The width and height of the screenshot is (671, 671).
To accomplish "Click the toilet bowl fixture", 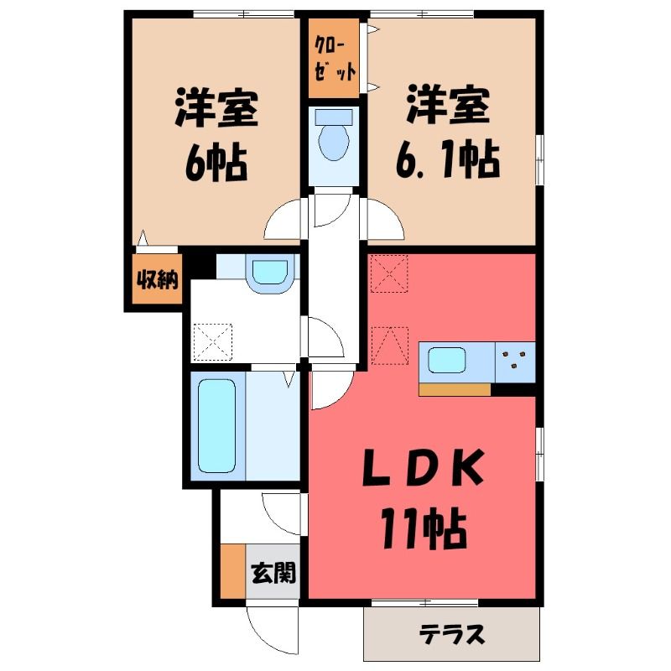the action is coord(334,142).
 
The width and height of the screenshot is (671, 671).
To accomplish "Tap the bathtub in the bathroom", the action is coord(217,426).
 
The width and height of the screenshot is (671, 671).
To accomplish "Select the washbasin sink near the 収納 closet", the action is coord(269,274).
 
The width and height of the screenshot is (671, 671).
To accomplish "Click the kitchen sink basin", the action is coord(447,361).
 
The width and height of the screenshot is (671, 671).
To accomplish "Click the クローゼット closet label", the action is coord(334,58).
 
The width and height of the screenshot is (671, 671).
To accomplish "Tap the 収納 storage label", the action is coord(157,280).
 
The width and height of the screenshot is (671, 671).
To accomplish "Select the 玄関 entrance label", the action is coord(273,573).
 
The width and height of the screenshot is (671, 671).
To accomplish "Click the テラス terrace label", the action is coord(452,634).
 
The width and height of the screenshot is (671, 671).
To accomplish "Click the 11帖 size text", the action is coord(424,528).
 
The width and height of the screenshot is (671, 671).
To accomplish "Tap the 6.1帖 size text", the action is coord(447,159).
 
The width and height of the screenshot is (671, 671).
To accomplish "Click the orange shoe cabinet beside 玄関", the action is coord(233,571).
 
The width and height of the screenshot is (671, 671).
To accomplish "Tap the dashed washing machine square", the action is coord(213,342).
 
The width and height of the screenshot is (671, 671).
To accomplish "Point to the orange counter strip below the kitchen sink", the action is coord(455,389).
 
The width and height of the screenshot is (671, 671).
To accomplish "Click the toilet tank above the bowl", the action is coord(334,117).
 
